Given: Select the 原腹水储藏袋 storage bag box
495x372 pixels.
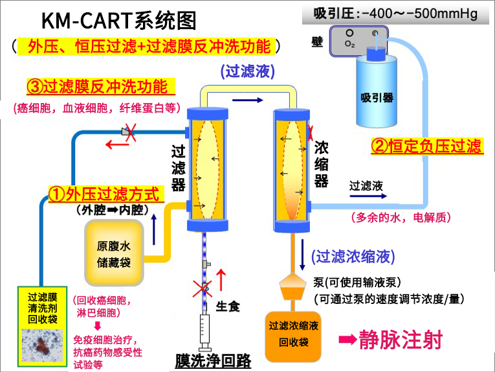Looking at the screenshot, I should pyautogui.click(x=114, y=252).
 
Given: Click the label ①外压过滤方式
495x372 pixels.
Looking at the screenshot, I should pyautogui.click(x=104, y=193).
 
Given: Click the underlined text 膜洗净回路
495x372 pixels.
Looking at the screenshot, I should pyautogui.click(x=212, y=360).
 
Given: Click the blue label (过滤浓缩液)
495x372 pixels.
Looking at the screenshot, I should pyautogui.click(x=353, y=257).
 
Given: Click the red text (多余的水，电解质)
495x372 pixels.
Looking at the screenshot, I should pyautogui.click(x=400, y=218).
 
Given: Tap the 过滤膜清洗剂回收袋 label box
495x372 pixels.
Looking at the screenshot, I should pyautogui.click(x=43, y=308).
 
